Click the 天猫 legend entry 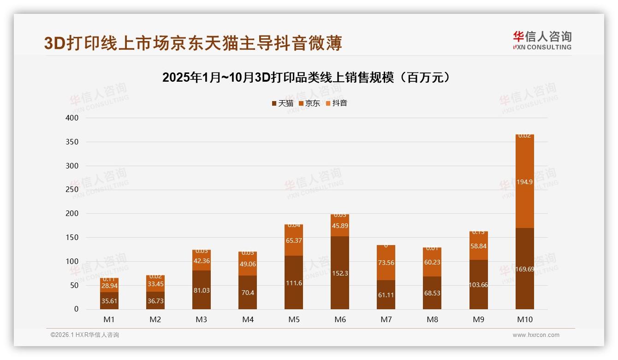point(282,103)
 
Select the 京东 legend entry point(309,103)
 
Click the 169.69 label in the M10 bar point(524,269)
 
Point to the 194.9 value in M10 point(524,182)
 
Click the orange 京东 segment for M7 point(386,263)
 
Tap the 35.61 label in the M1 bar point(109,301)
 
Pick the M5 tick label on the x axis point(294,319)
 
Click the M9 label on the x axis point(478,319)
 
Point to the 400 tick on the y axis point(72,118)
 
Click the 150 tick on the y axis point(72,238)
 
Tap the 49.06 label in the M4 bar point(248,264)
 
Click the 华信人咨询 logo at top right point(542,40)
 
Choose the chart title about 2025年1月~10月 point(306,77)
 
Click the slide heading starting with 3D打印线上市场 point(193,43)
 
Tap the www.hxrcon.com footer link point(535,335)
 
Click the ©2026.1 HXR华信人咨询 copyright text point(85,335)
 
